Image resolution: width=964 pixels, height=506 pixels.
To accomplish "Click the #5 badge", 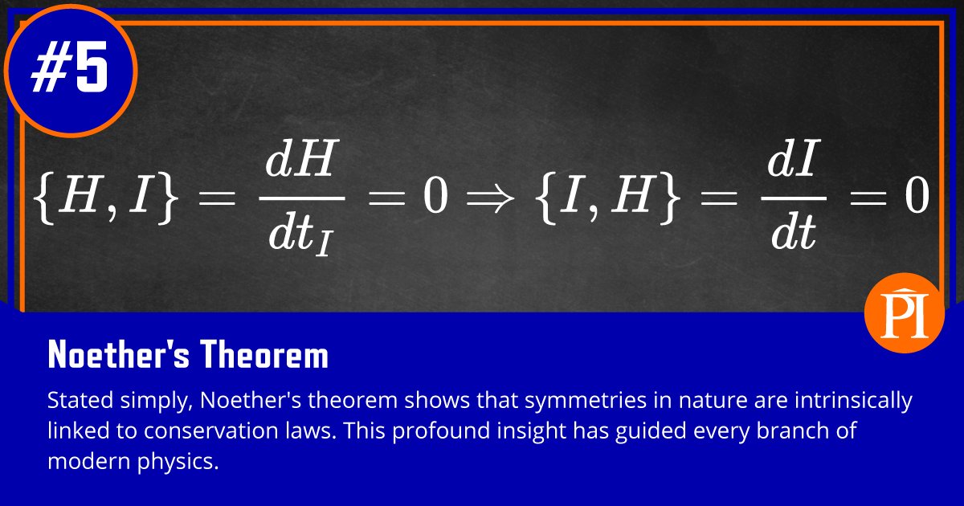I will point(70,70).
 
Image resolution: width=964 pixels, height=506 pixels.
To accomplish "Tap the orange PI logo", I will point(903,313).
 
